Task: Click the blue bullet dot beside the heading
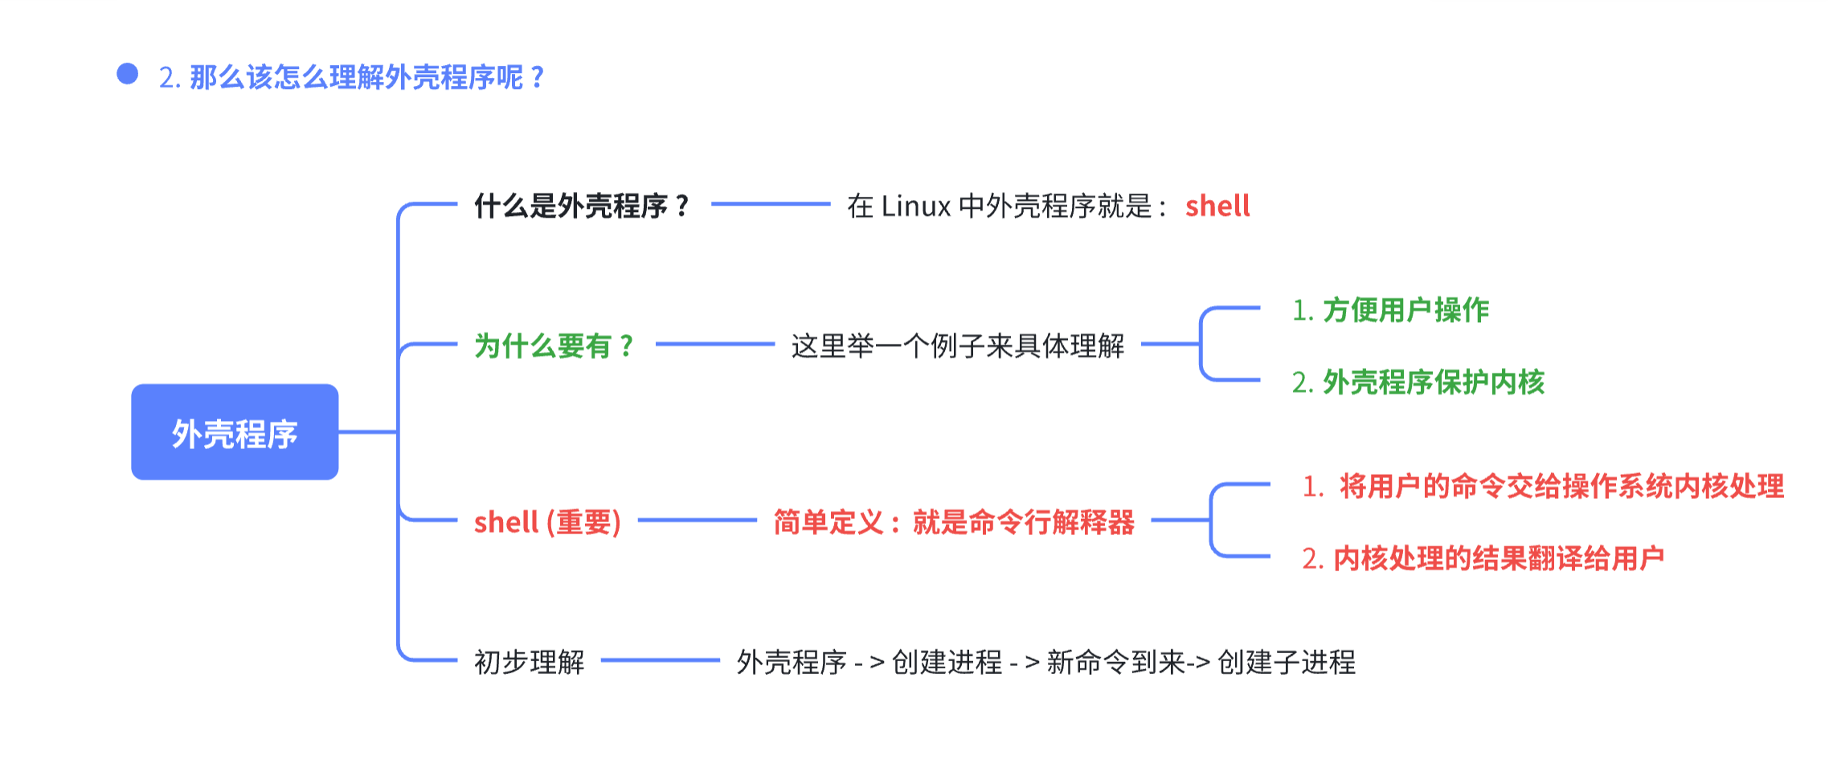[x=127, y=74]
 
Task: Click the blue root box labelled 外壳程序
[x=235, y=432]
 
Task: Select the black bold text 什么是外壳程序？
[x=582, y=206]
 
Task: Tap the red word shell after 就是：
[x=1217, y=206]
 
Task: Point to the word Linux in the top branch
[x=916, y=206]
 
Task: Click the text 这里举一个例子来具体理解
[x=957, y=346]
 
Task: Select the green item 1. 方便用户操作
[x=1390, y=310]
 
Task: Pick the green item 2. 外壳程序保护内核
[x=1418, y=382]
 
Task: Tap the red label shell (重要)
[x=547, y=522]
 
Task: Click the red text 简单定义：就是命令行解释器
[x=954, y=522]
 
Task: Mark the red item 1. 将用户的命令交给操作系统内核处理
[x=1543, y=486]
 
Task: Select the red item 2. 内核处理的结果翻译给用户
[x=1483, y=558]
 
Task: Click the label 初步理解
[x=529, y=662]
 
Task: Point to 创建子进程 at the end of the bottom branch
[x=1287, y=662]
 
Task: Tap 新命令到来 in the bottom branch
[x=1115, y=662]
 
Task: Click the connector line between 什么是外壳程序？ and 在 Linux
[x=770, y=204]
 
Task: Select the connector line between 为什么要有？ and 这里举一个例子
[x=714, y=344]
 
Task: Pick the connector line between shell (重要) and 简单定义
[x=697, y=520]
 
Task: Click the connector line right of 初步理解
[x=660, y=660]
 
